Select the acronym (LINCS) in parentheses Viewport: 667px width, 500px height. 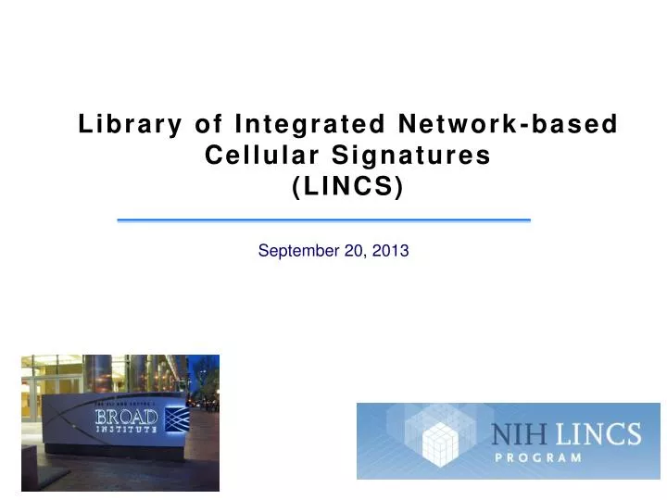[x=347, y=188]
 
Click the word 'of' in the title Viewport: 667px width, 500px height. [x=209, y=124]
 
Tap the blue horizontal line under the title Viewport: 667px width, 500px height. [x=323, y=220]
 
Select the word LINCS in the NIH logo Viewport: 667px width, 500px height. [x=602, y=434]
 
